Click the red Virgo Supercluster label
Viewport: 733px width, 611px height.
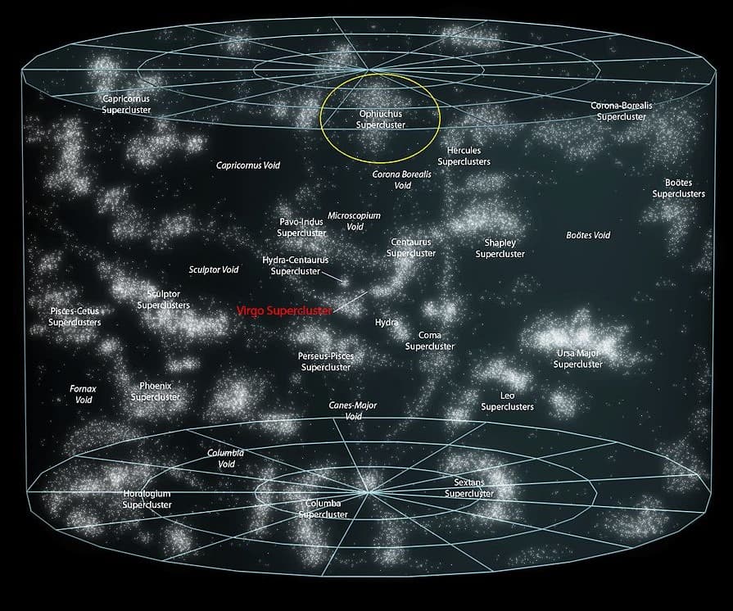[284, 311]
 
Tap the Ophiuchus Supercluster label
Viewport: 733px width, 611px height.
[381, 119]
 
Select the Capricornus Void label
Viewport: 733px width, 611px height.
[248, 165]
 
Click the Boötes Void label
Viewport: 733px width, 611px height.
[588, 236]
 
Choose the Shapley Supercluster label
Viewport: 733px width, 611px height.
[500, 249]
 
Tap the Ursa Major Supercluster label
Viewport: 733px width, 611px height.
[578, 359]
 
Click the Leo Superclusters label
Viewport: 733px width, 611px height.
[507, 401]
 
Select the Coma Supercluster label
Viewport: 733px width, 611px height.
[430, 341]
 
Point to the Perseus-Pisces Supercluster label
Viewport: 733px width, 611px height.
[326, 362]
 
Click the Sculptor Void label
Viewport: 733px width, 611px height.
[214, 269]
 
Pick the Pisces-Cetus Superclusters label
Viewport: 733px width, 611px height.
[75, 317]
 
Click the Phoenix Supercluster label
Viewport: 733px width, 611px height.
[156, 391]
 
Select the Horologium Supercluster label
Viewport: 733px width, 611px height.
[147, 500]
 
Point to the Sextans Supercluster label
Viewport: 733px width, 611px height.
[469, 488]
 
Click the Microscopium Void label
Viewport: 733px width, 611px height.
[355, 221]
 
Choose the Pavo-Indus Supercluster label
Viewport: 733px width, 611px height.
[301, 228]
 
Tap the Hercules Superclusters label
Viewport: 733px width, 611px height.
[464, 156]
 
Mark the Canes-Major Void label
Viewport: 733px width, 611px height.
[353, 410]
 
